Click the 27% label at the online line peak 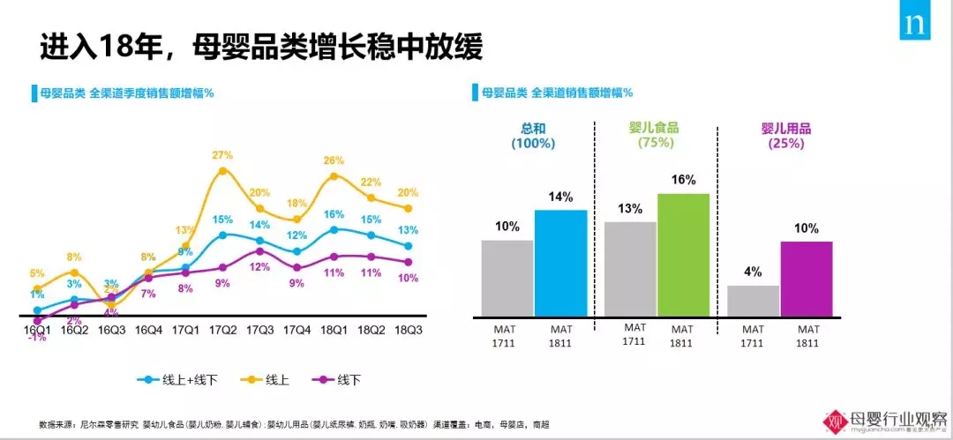pyautogui.click(x=222, y=156)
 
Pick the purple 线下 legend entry pyautogui.click(x=336, y=380)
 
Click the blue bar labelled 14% pyautogui.click(x=560, y=262)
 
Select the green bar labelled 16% pyautogui.click(x=683, y=254)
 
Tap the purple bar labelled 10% pyautogui.click(x=806, y=278)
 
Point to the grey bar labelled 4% pyautogui.click(x=753, y=300)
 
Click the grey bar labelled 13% pyautogui.click(x=630, y=268)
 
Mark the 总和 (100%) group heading pyautogui.click(x=532, y=135)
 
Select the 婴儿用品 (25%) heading pyautogui.click(x=785, y=135)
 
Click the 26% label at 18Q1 pyautogui.click(x=334, y=160)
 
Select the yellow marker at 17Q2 pyautogui.click(x=223, y=170)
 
